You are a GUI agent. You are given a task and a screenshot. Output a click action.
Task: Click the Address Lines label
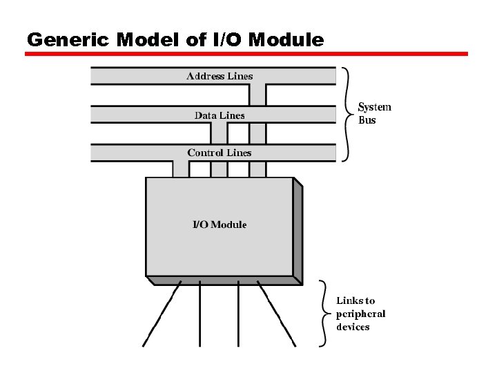coord(220,76)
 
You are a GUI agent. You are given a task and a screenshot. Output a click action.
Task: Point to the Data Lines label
coord(220,115)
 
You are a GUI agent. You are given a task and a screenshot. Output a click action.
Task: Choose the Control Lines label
coord(220,153)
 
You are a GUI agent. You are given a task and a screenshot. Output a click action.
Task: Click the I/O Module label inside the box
coord(219,224)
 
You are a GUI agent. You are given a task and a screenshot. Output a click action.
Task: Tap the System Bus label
coord(374,113)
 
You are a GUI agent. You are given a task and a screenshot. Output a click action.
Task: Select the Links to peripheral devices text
coord(360,314)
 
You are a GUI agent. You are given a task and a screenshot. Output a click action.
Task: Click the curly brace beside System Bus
coord(346,113)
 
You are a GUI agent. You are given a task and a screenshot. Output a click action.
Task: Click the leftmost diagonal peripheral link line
coord(164,315)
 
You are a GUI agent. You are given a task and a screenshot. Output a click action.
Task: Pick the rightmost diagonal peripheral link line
coord(276,315)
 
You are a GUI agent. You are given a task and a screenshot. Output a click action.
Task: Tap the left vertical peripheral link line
coord(200,315)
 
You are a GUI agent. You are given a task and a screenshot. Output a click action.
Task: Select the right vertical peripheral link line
coord(238,315)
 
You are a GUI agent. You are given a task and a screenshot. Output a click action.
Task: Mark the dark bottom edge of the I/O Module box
coord(224,280)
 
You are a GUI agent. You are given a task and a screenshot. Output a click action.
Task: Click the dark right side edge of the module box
coord(298,231)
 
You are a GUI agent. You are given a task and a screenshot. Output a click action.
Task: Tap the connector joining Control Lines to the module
coord(181,169)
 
